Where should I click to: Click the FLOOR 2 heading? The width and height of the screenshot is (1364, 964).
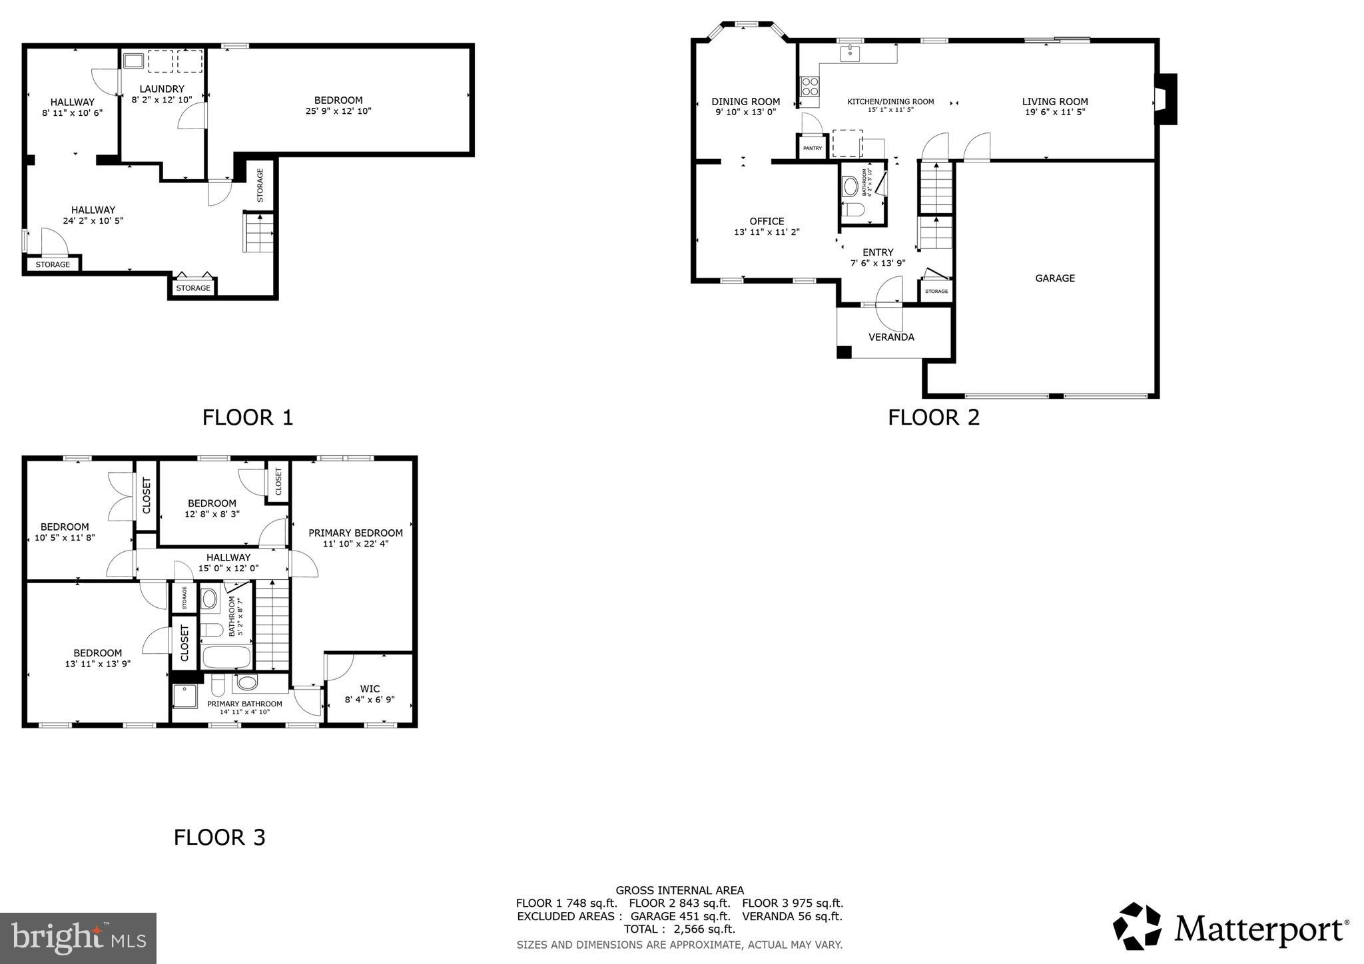[x=933, y=417]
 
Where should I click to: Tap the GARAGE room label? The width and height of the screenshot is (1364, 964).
[x=1054, y=278]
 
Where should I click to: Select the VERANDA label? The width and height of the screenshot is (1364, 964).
[x=891, y=337]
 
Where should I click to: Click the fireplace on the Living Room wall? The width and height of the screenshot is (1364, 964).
[x=1166, y=99]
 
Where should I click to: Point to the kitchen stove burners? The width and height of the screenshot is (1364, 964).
[x=809, y=87]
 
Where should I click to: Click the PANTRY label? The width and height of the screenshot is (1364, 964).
[x=812, y=148]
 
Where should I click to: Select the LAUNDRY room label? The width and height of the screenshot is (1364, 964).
[x=162, y=89]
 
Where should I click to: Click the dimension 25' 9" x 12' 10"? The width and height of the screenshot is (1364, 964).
[x=338, y=111]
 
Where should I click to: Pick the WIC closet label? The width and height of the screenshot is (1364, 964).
[x=370, y=688]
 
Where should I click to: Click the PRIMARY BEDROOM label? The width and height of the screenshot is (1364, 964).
[x=355, y=533]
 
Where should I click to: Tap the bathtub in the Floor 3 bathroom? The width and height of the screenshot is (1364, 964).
[x=226, y=657]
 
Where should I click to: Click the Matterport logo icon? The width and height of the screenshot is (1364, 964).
[x=1138, y=926]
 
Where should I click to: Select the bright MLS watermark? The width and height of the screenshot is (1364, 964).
[x=78, y=938]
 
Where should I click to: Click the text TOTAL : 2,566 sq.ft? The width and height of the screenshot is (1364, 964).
[x=679, y=929]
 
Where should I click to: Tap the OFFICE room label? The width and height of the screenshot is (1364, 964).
[x=767, y=221]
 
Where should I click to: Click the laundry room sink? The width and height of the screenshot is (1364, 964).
[x=133, y=62]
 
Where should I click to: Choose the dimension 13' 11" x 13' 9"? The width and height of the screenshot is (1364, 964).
[x=97, y=663]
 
